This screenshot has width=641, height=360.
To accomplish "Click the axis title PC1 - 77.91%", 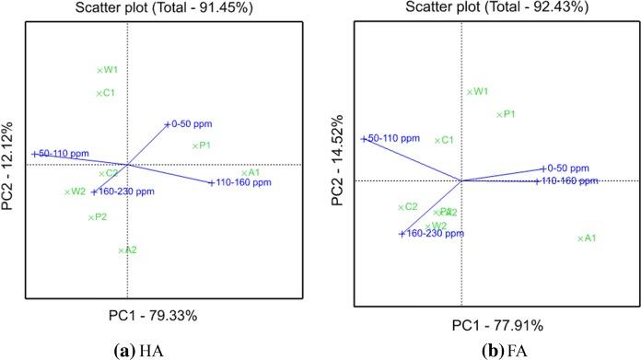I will pyautogui.click(x=496, y=325).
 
